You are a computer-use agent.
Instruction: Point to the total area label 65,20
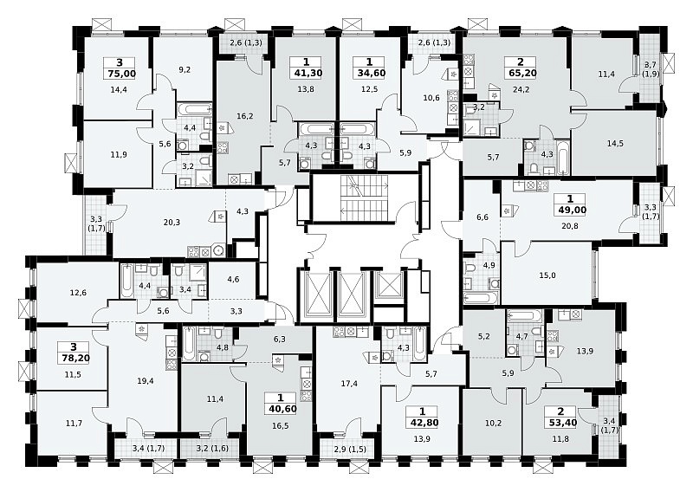coord(521,74)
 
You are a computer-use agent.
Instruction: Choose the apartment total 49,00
coord(570,210)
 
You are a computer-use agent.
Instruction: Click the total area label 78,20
coord(73,359)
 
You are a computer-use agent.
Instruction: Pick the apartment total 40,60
coord(281,410)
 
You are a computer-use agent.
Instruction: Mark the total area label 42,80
coord(422,423)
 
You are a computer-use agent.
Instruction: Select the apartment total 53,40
coord(560,423)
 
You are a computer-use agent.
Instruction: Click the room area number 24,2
coord(521,89)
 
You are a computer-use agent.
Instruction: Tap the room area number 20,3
coord(172,223)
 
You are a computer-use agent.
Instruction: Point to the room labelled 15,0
coord(547,275)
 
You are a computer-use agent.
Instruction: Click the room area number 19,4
coord(145,380)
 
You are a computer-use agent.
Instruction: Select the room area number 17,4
coord(349,384)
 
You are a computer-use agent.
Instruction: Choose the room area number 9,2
coord(185,69)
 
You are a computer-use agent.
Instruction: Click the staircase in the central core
coord(364,197)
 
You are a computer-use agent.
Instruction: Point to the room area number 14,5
coord(615,144)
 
